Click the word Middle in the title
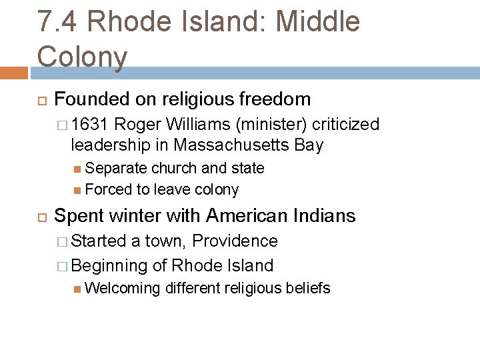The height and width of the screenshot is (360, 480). (317, 22)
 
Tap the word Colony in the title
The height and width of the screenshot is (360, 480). (82, 56)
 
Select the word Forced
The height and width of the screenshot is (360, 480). (109, 189)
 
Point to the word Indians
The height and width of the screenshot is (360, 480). (322, 215)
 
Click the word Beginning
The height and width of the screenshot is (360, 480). (109, 265)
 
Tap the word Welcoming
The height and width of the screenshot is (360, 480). (123, 288)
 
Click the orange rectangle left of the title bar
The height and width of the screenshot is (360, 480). (13, 72)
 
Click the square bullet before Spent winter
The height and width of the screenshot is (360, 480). (38, 217)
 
